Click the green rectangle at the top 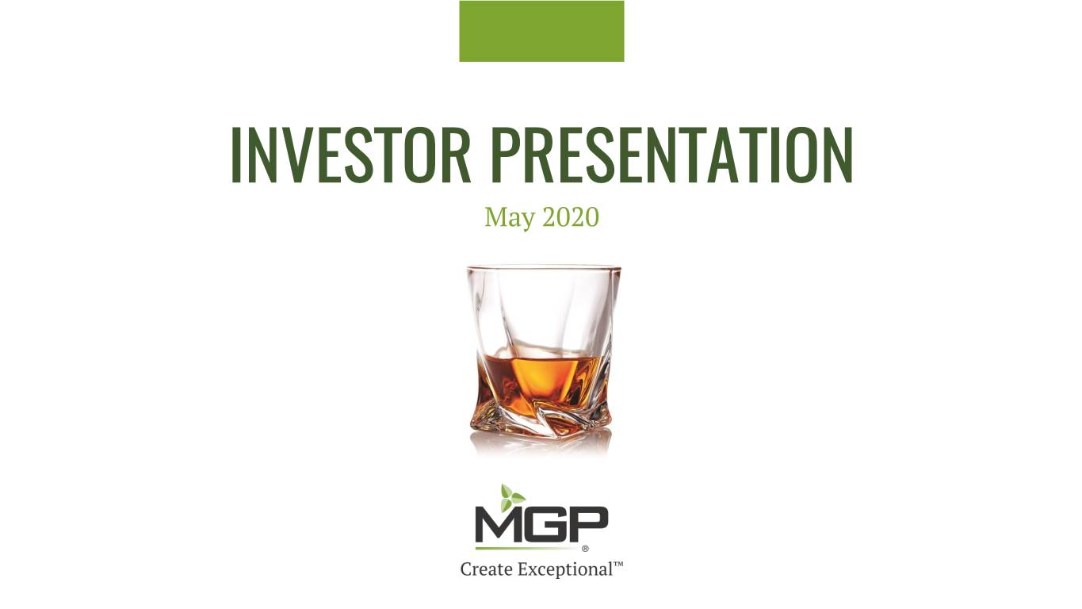(x=541, y=31)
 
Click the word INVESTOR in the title (x=351, y=155)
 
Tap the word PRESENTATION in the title (x=672, y=155)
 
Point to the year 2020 (x=571, y=216)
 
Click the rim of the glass (x=544, y=268)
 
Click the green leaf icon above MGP (x=512, y=498)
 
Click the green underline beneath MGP (x=529, y=549)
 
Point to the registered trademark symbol (x=586, y=549)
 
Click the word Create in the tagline (x=487, y=569)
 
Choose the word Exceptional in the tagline (x=565, y=570)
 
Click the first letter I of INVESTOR (x=236, y=155)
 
